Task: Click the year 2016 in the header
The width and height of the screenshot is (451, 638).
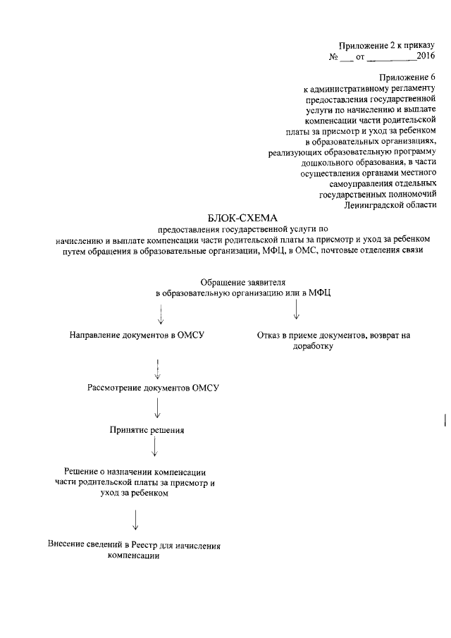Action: coord(425,55)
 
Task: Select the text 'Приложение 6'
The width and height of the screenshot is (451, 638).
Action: coord(403,76)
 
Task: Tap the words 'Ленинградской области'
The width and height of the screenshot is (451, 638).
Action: coord(387,204)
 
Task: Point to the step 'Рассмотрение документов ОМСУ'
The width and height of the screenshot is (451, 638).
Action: coord(154,388)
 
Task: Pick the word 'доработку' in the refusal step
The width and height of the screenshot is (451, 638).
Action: coord(313,346)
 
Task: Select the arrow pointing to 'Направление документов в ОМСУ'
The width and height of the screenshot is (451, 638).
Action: coord(162,314)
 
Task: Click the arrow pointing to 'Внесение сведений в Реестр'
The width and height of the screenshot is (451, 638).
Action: coord(135,520)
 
